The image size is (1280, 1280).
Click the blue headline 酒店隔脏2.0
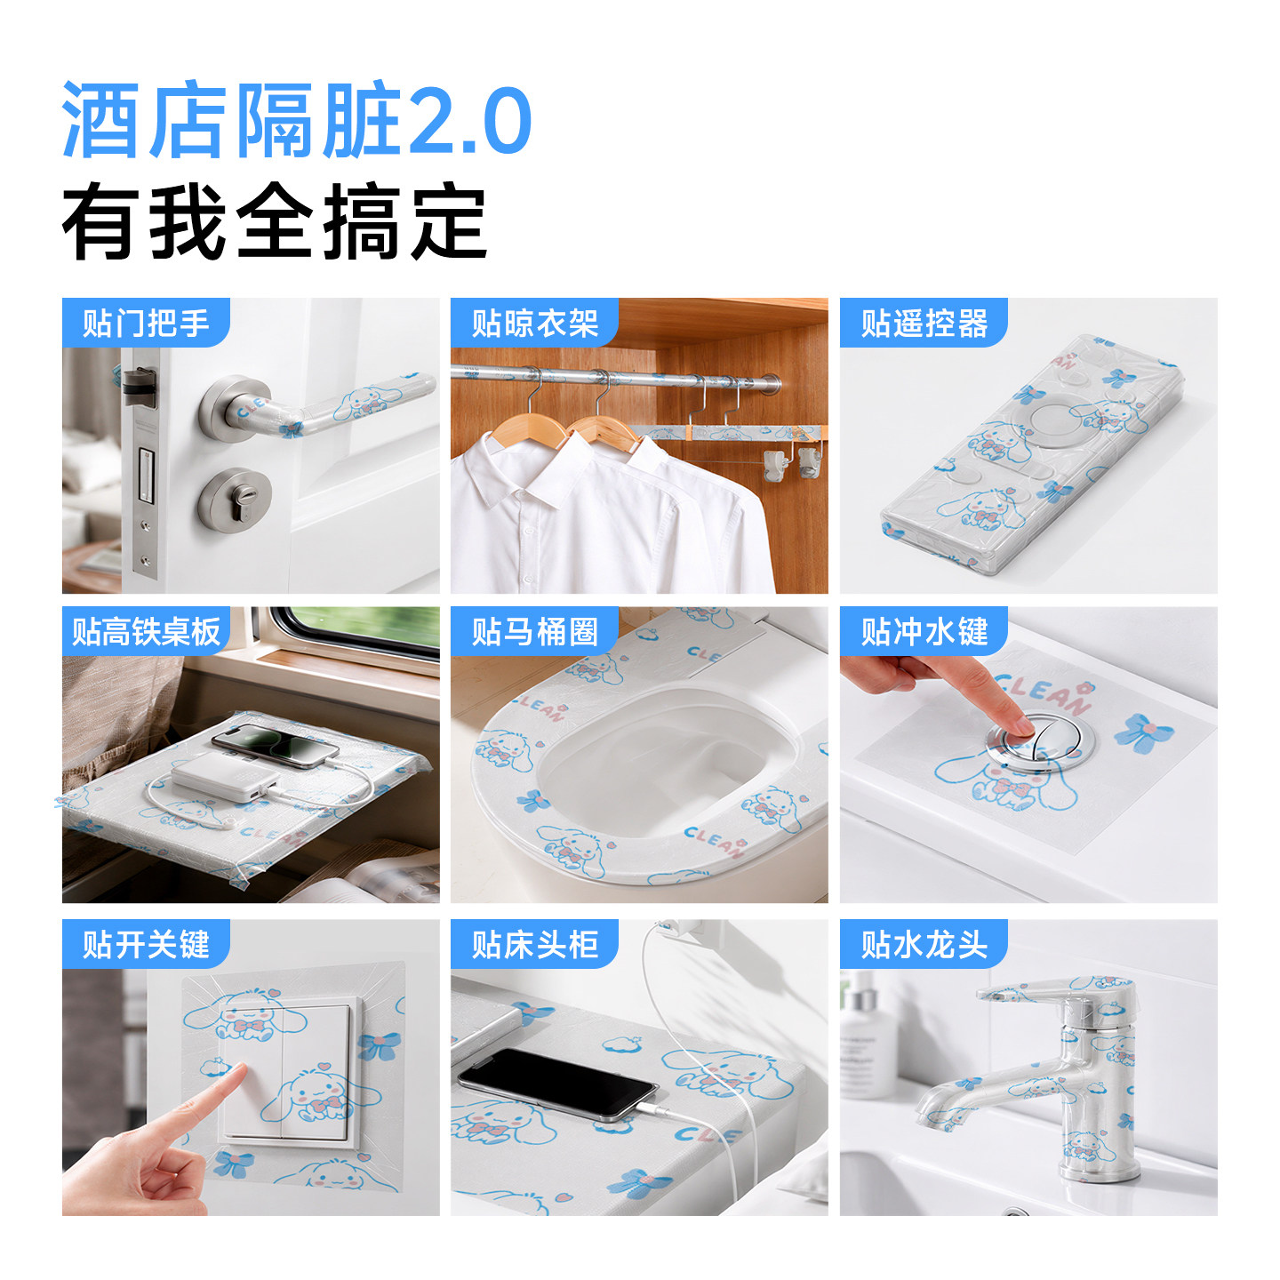(296, 120)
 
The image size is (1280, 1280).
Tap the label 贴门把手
(146, 323)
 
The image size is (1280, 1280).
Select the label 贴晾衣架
(535, 323)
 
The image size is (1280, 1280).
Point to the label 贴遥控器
(924, 323)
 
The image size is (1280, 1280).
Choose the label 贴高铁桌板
(146, 631)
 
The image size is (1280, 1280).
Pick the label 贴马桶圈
(535, 631)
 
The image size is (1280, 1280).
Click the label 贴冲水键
(924, 631)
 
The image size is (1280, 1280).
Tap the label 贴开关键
(146, 944)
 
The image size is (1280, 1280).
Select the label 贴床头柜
(535, 944)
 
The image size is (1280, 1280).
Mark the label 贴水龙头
(924, 944)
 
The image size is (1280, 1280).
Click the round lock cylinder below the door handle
(235, 499)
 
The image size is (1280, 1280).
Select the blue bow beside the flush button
(1143, 734)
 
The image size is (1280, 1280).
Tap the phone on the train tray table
(275, 745)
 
